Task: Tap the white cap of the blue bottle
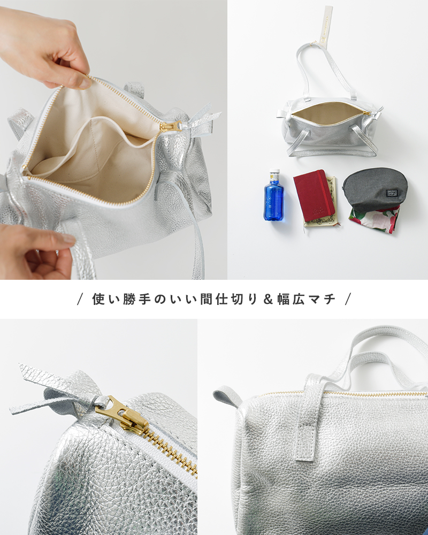point(274,171)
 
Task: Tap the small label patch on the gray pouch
point(391,193)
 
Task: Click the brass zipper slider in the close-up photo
point(124,414)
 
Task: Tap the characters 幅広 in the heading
point(291,299)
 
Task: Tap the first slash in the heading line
point(80,300)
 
